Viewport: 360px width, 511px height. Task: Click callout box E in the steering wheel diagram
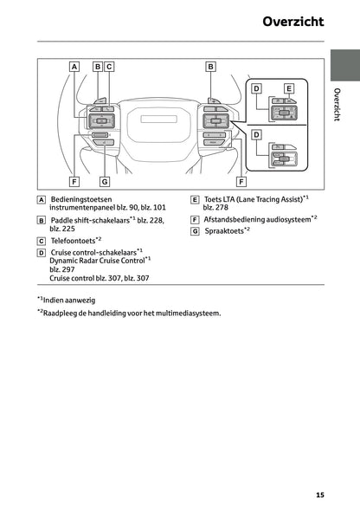(x=289, y=88)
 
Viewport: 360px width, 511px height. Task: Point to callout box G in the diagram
(x=104, y=182)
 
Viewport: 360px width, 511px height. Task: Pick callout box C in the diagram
(x=109, y=66)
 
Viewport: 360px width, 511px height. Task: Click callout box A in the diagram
(x=74, y=66)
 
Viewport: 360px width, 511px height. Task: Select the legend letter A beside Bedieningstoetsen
(x=42, y=199)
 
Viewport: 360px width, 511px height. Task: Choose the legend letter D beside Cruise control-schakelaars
(x=42, y=252)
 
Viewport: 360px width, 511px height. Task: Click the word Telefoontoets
(x=73, y=240)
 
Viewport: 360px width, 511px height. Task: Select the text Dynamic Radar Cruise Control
(x=96, y=260)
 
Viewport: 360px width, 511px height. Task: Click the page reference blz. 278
(x=216, y=208)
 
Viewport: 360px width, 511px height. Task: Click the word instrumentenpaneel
(x=85, y=208)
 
